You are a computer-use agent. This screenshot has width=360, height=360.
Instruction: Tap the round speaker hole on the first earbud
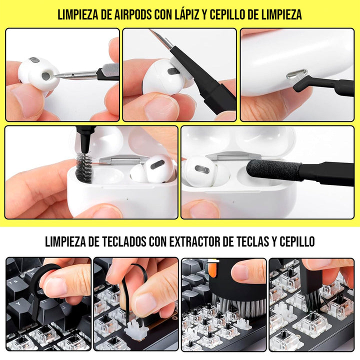pos(46,76)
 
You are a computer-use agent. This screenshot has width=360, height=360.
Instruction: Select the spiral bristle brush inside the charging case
pos(82,167)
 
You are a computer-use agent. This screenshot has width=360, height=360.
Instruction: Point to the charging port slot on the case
pos(295,75)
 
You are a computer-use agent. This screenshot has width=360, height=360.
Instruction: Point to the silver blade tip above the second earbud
pos(161,39)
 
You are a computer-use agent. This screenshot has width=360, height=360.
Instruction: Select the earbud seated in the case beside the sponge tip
pos(200,170)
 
